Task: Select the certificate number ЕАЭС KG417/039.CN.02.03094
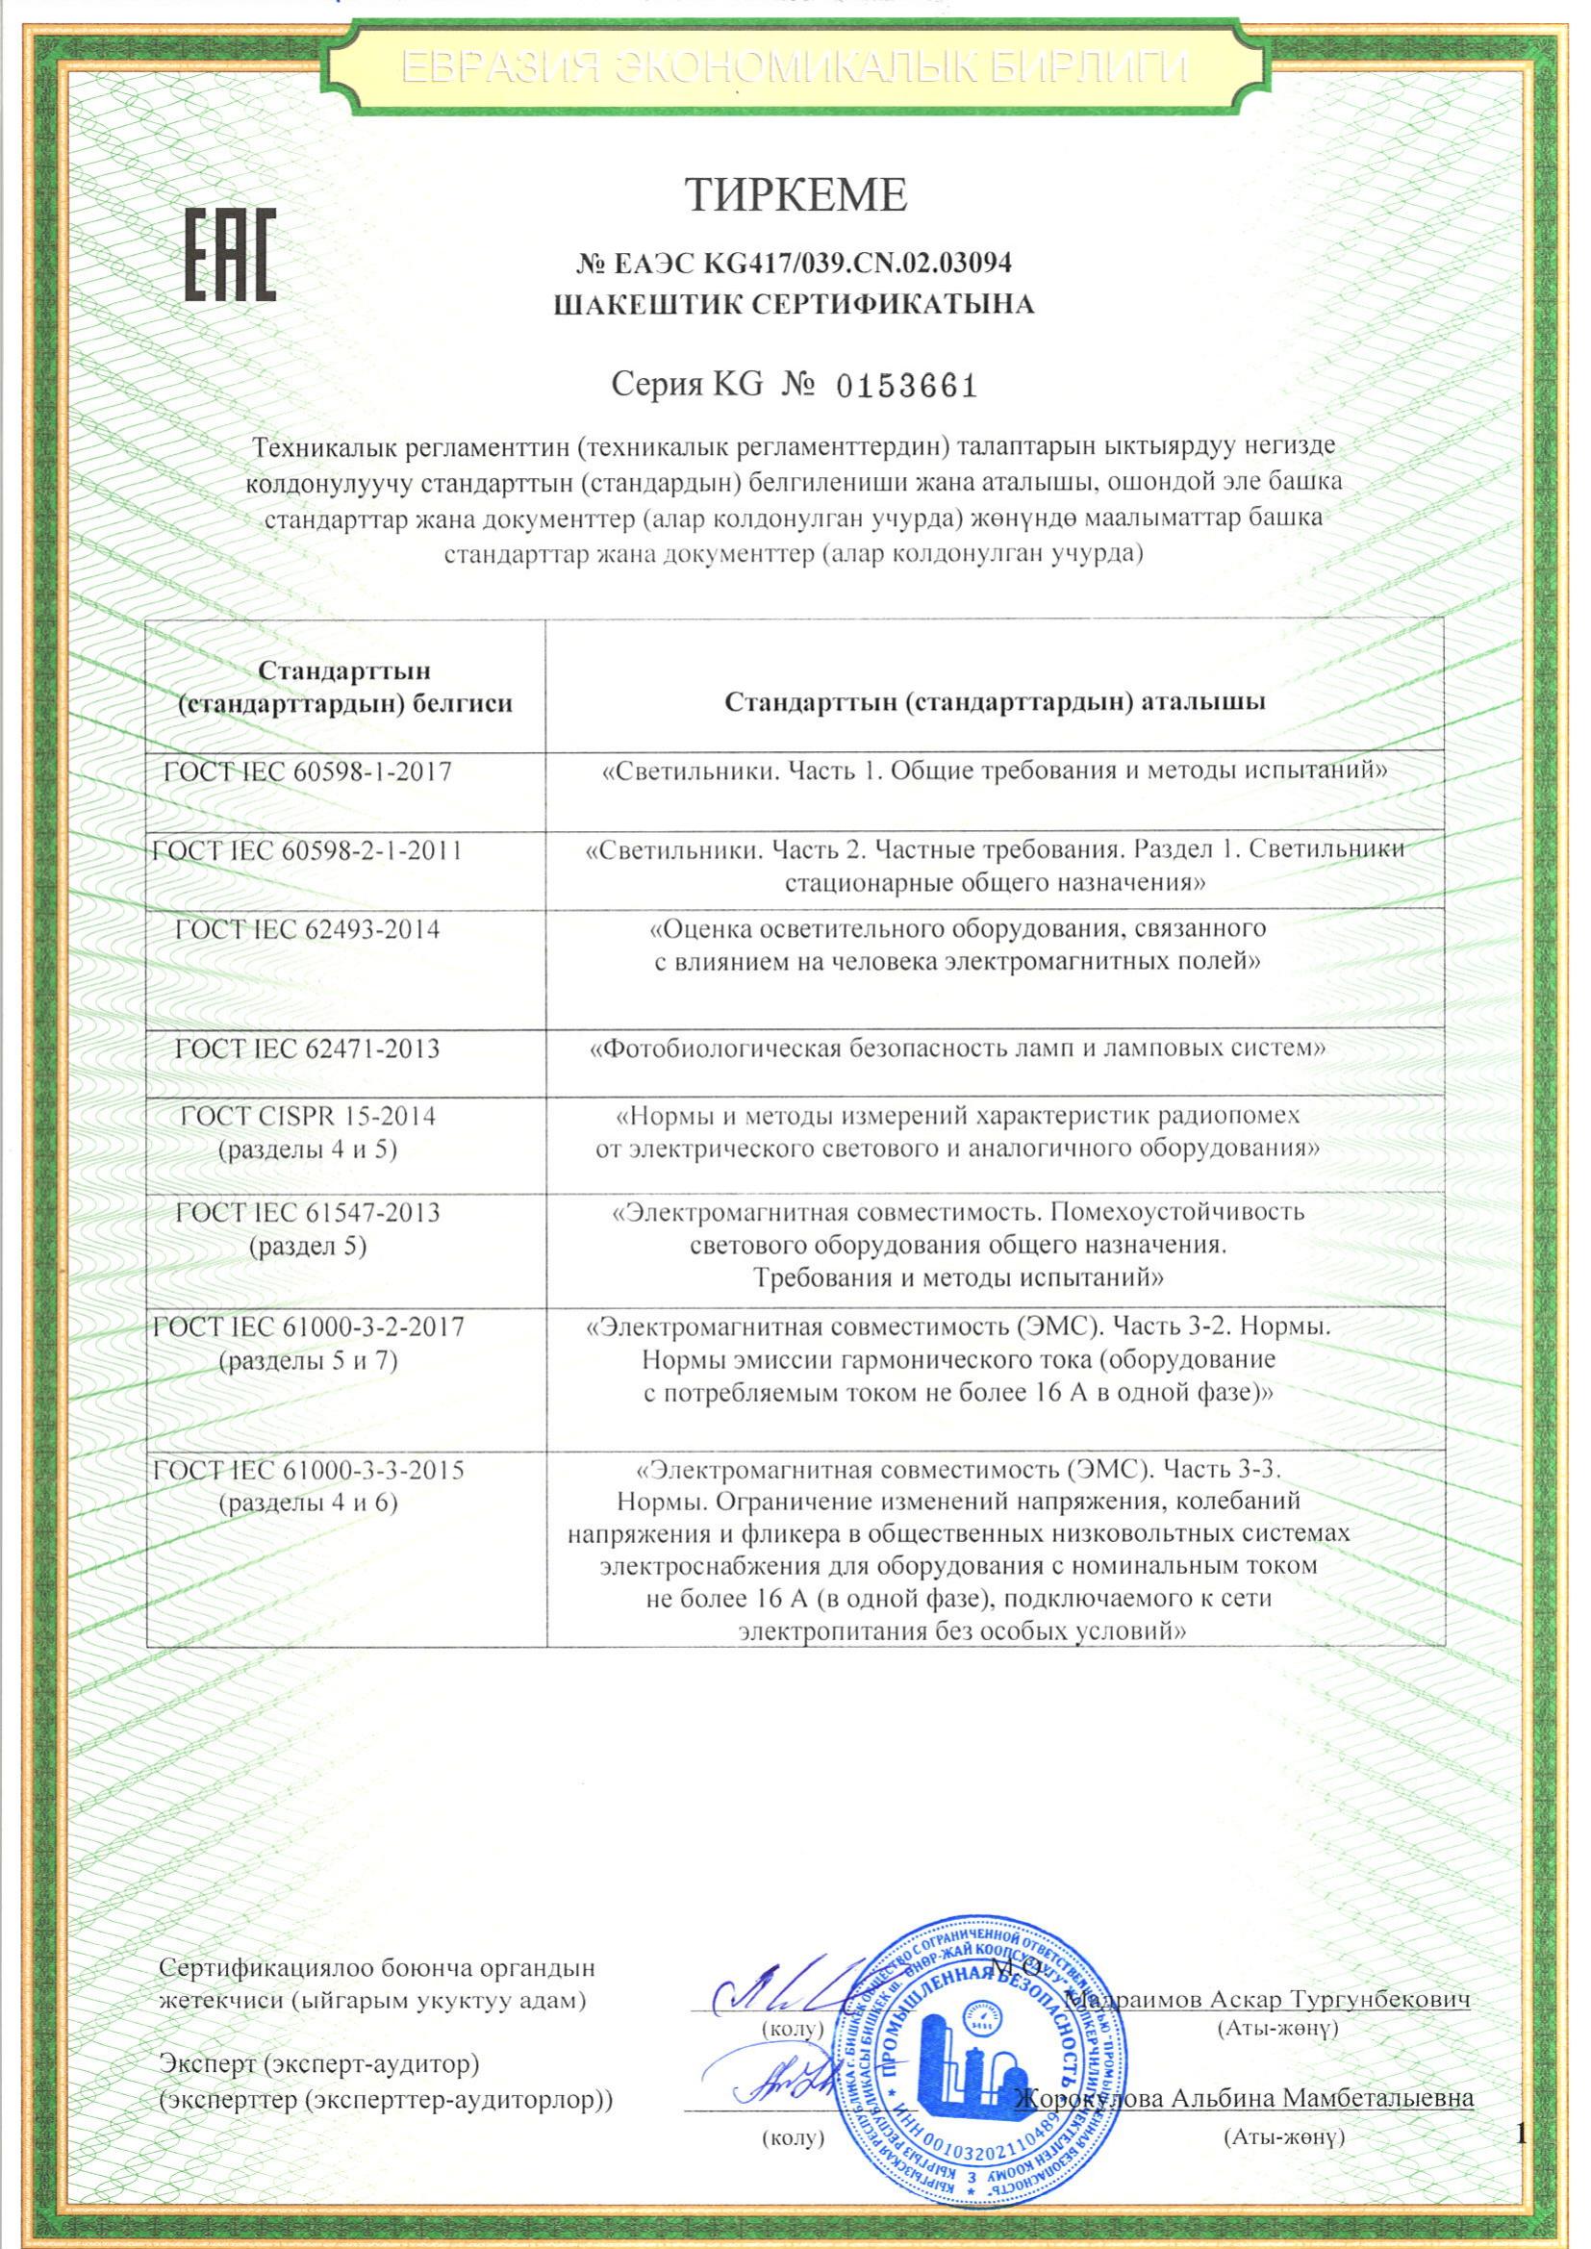point(795,263)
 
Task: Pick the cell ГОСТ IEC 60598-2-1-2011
point(310,850)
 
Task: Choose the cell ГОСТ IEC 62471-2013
point(308,1049)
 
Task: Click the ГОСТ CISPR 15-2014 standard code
point(308,1116)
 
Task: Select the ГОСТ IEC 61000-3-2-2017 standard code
point(310,1327)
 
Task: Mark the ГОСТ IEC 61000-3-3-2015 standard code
point(310,1470)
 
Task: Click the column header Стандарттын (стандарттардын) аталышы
point(994,701)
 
